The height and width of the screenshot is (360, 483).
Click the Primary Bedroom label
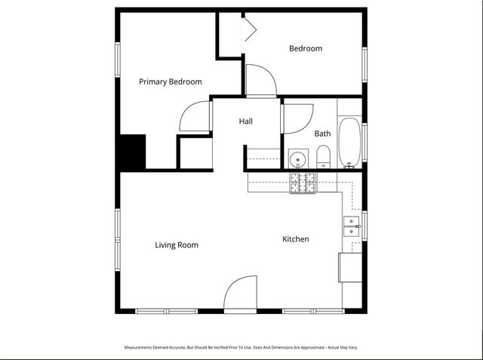(170, 82)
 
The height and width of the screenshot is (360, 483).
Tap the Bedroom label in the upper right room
(306, 48)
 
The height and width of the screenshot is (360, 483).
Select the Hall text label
(246, 121)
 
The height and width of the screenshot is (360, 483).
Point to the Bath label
(322, 134)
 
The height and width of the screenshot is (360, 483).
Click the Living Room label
(177, 245)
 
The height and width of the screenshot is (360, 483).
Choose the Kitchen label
(296, 239)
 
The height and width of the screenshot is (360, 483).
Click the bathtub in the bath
(349, 143)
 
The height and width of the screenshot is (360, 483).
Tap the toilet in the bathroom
(323, 158)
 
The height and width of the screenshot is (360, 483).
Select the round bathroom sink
(299, 160)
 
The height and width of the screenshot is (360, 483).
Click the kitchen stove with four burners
(304, 183)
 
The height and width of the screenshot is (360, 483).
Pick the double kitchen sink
(352, 226)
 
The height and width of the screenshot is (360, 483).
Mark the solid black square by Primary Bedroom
(133, 152)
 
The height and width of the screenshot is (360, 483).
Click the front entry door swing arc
(241, 294)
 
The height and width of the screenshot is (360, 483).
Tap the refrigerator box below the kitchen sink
(350, 268)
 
